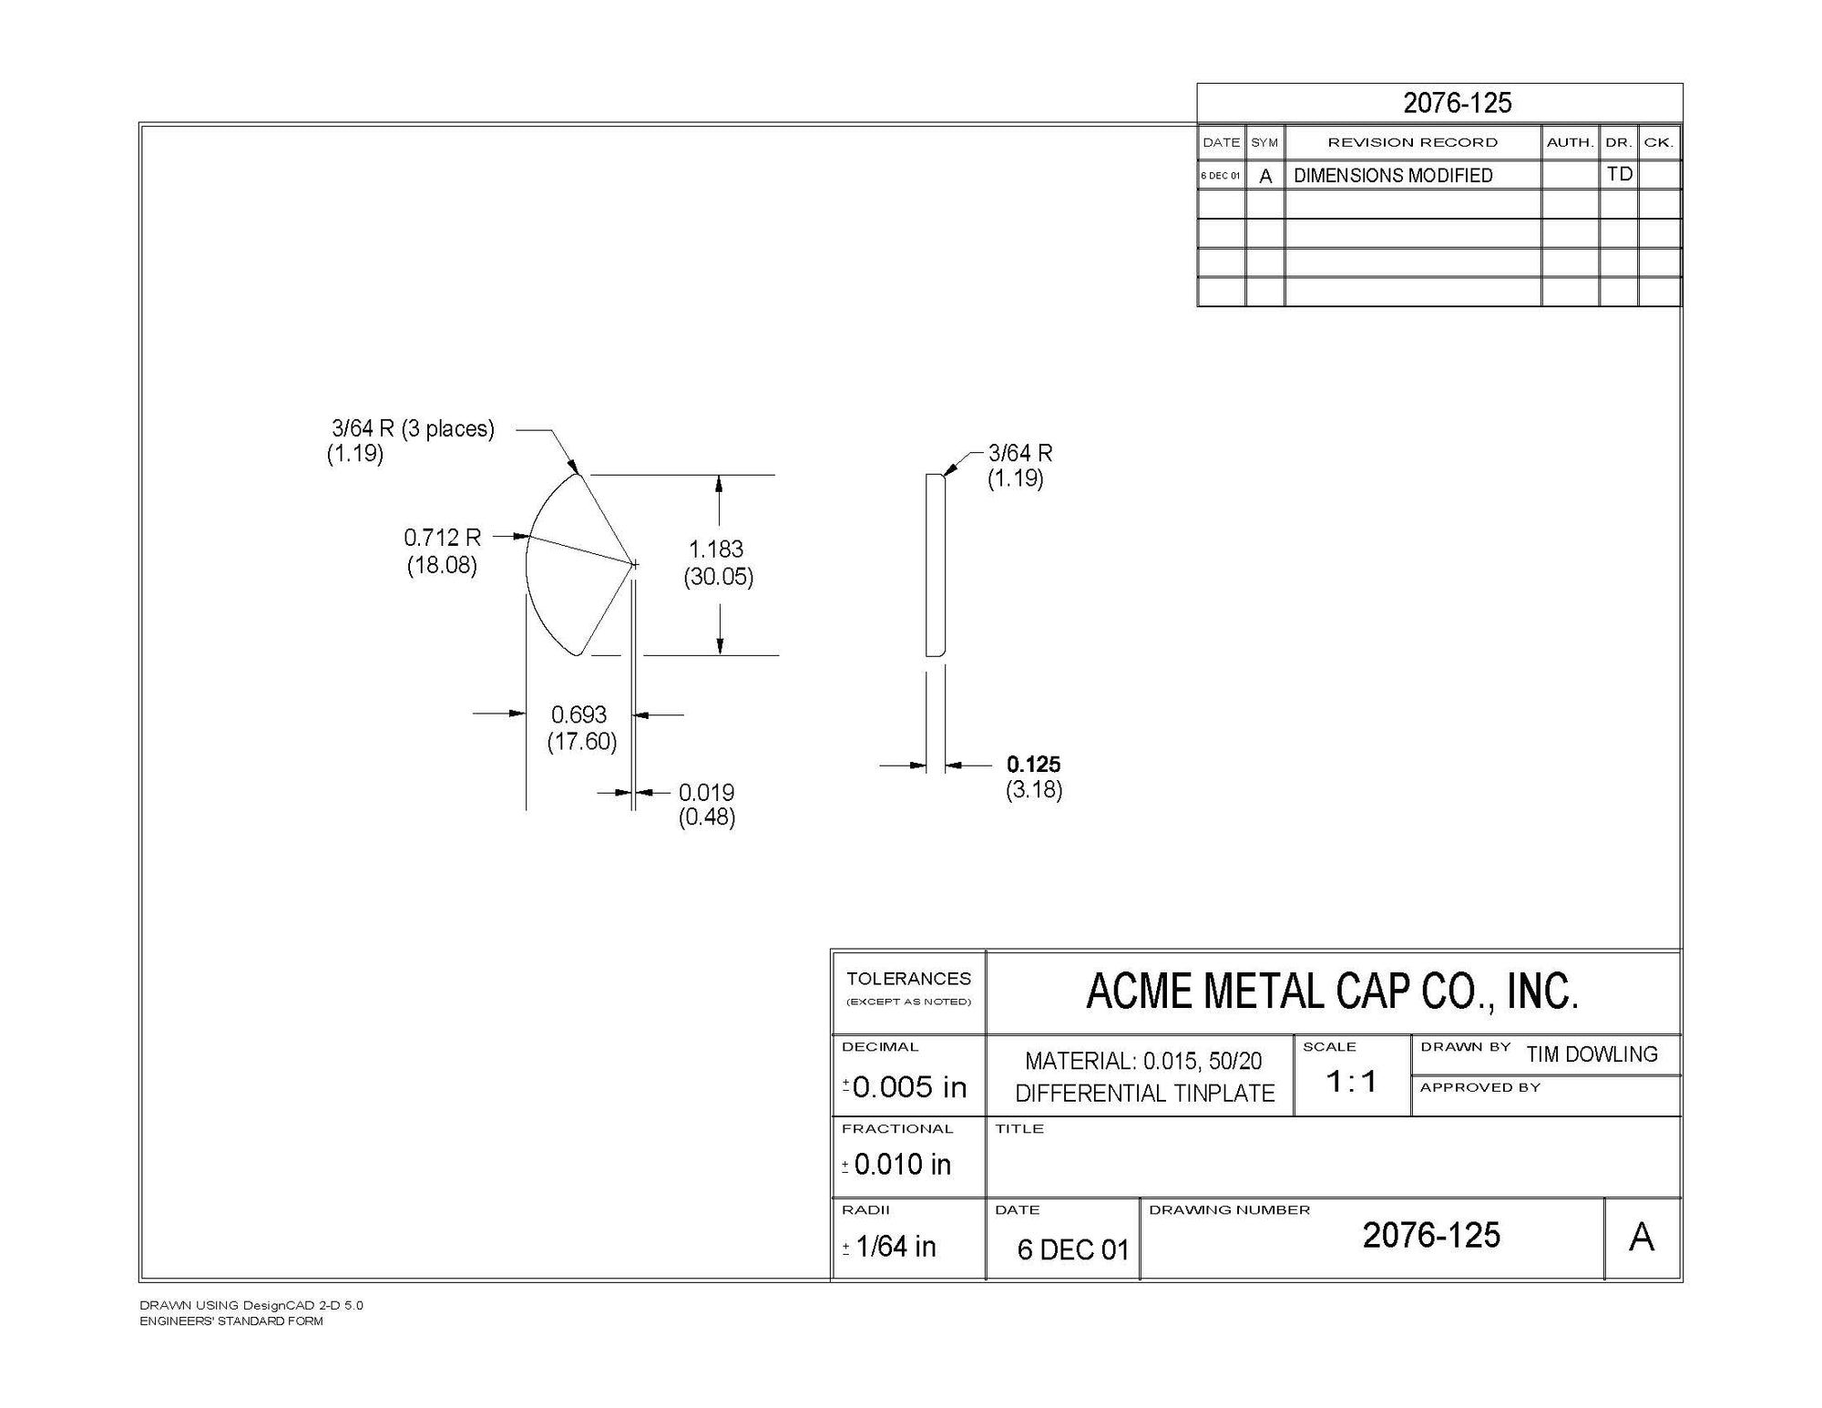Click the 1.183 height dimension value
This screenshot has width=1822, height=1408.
pyautogui.click(x=716, y=550)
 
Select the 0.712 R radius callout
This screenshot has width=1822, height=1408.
pyautogui.click(x=442, y=538)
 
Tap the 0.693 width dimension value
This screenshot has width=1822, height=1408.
pyautogui.click(x=578, y=714)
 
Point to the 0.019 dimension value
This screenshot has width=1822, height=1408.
pyautogui.click(x=706, y=793)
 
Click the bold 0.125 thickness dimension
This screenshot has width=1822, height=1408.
pyautogui.click(x=1033, y=765)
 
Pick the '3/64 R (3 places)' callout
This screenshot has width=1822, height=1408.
pyautogui.click(x=413, y=428)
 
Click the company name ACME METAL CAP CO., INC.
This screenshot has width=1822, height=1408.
pyautogui.click(x=1332, y=992)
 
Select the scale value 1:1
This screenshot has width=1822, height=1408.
pyautogui.click(x=1351, y=1082)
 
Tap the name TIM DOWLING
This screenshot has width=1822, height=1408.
pyautogui.click(x=1592, y=1054)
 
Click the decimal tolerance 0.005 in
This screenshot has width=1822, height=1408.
pyautogui.click(x=908, y=1086)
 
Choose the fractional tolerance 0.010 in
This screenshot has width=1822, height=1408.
pyautogui.click(x=902, y=1164)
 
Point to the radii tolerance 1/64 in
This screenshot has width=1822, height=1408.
pyautogui.click(x=896, y=1246)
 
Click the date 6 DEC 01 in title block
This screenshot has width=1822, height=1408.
pyautogui.click(x=1072, y=1249)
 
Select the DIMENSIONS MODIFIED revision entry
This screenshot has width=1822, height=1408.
pyautogui.click(x=1393, y=176)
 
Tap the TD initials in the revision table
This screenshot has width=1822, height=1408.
pyautogui.click(x=1619, y=174)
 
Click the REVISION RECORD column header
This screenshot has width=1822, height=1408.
pyautogui.click(x=1412, y=142)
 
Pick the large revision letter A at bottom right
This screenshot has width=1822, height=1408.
pyautogui.click(x=1642, y=1238)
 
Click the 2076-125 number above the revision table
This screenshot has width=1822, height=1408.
pyautogui.click(x=1457, y=103)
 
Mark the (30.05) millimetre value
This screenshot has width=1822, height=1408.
pyautogui.click(x=718, y=577)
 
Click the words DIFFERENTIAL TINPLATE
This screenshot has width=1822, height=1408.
pyautogui.click(x=1144, y=1094)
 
